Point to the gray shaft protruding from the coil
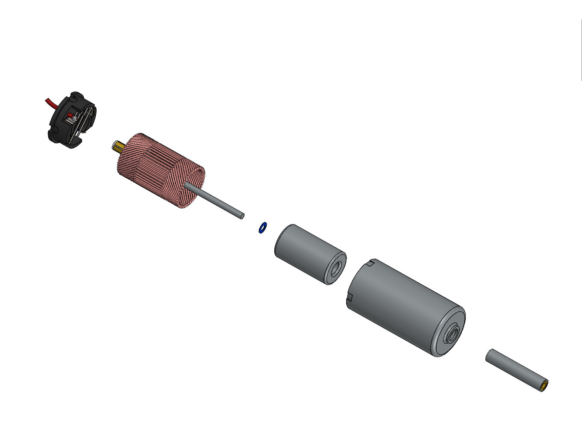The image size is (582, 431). coord(214,199)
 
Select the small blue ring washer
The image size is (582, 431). coord(262,227)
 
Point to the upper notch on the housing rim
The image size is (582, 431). coord(370,263)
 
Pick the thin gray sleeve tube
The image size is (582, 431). coord(513,369)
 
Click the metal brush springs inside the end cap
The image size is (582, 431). coord(85,120)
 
